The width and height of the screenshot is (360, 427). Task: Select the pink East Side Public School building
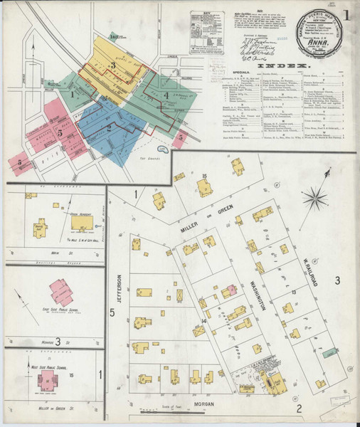[x=61, y=291]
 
